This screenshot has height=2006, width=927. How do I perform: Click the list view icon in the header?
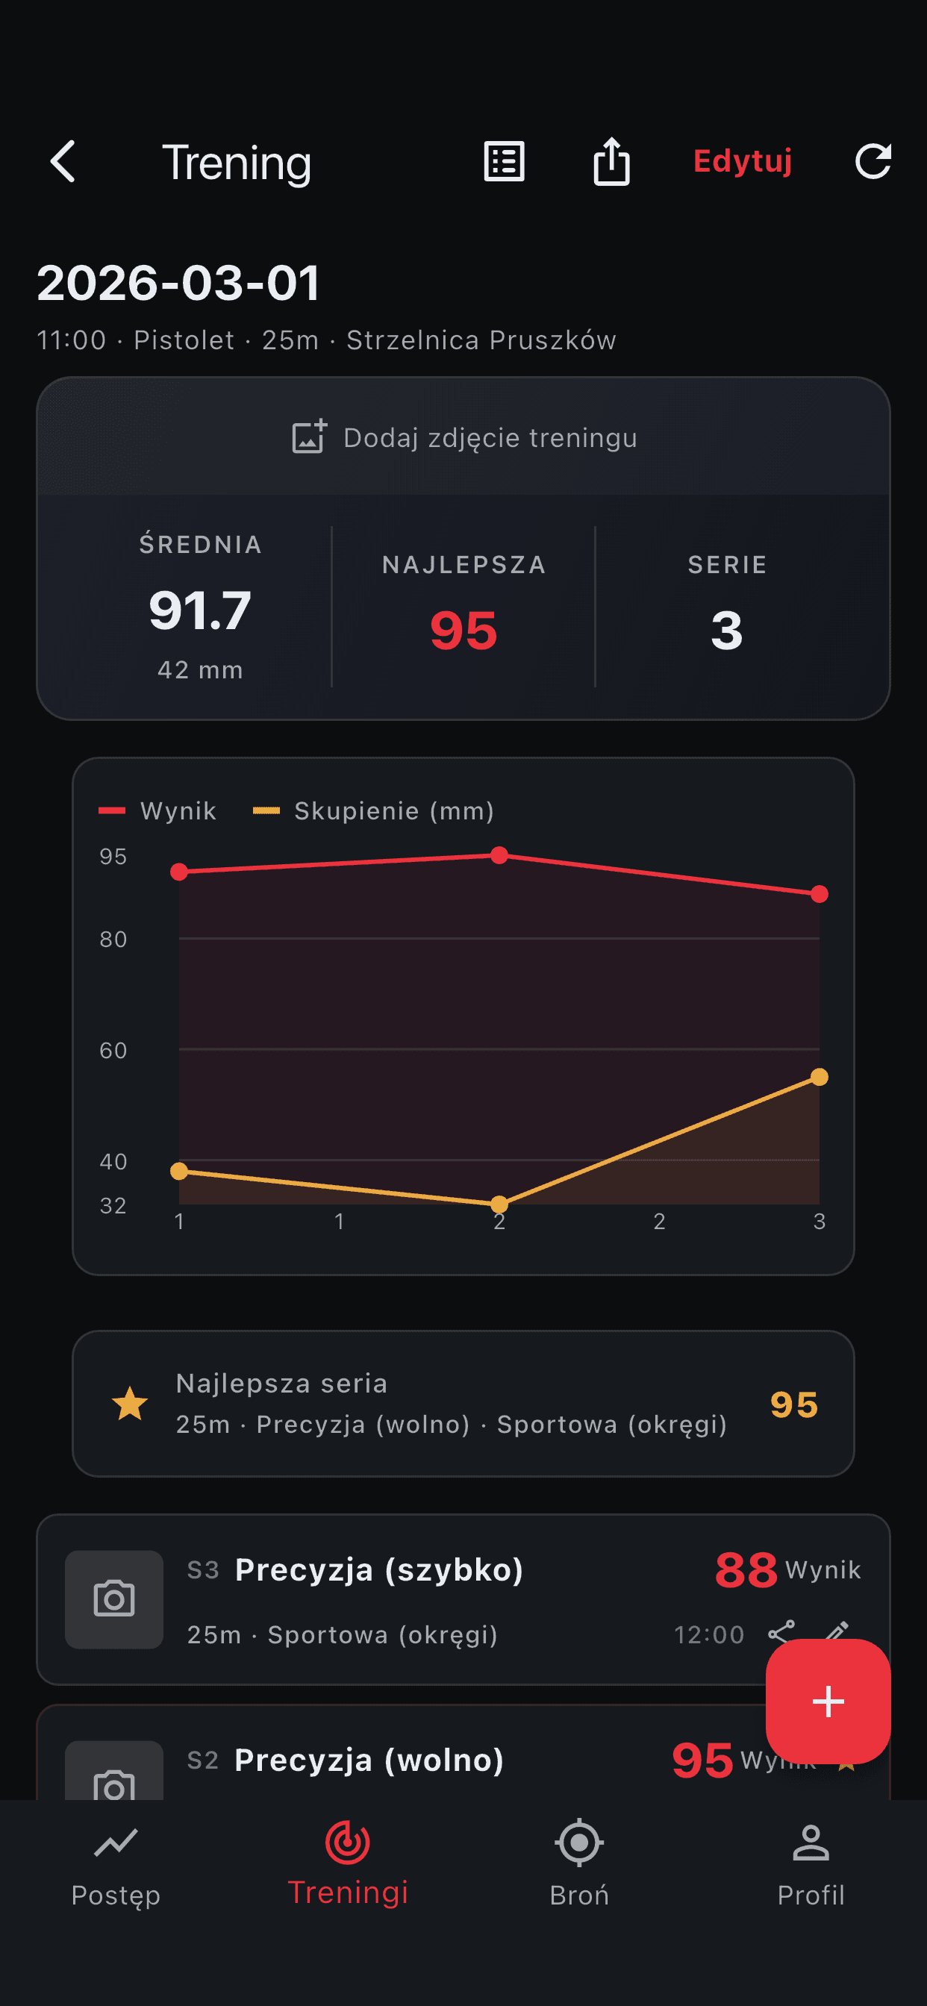504,162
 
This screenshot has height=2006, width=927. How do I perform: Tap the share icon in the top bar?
611,162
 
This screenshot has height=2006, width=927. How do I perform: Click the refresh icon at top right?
873,161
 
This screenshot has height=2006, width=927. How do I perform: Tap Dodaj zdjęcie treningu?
463,437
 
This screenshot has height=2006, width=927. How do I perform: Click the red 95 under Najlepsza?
463,630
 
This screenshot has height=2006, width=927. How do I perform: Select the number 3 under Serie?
726,630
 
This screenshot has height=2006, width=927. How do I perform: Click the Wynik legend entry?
158,810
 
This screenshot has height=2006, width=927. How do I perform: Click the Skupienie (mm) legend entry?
375,810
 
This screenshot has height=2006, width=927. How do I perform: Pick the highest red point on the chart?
499,856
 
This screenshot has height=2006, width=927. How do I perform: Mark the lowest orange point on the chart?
499,1204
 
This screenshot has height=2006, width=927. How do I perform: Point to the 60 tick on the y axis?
113,1051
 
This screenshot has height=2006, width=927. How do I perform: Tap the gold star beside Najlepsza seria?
130,1404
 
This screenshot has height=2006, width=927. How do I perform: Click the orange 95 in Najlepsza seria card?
794,1404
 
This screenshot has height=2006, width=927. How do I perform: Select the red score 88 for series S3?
746,1570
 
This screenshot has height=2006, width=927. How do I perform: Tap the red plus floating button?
828,1702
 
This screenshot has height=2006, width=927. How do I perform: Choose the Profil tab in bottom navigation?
811,1865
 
